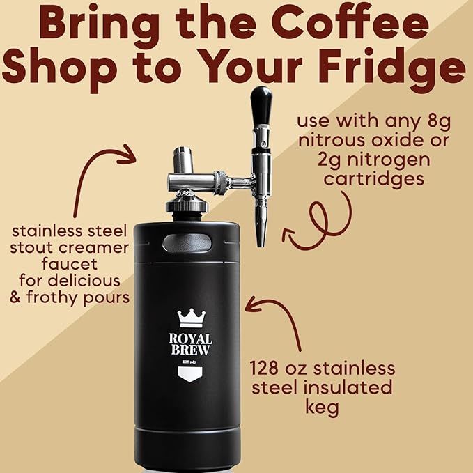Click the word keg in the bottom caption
pos(321,406)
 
